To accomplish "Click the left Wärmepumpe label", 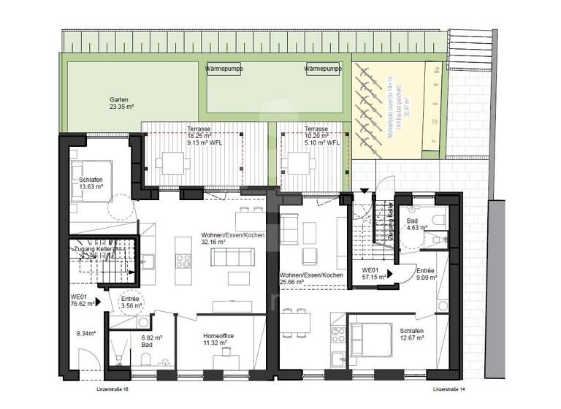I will pos(224,69).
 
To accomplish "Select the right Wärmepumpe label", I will pos(323,69).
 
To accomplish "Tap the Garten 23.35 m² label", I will pos(121,103).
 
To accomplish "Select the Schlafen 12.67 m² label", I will pos(411,335).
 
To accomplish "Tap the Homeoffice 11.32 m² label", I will pos(219,339).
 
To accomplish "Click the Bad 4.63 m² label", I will pos(413,225).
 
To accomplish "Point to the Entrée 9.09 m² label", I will pos(426,273).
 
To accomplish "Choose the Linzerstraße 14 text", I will pos(449,390).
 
